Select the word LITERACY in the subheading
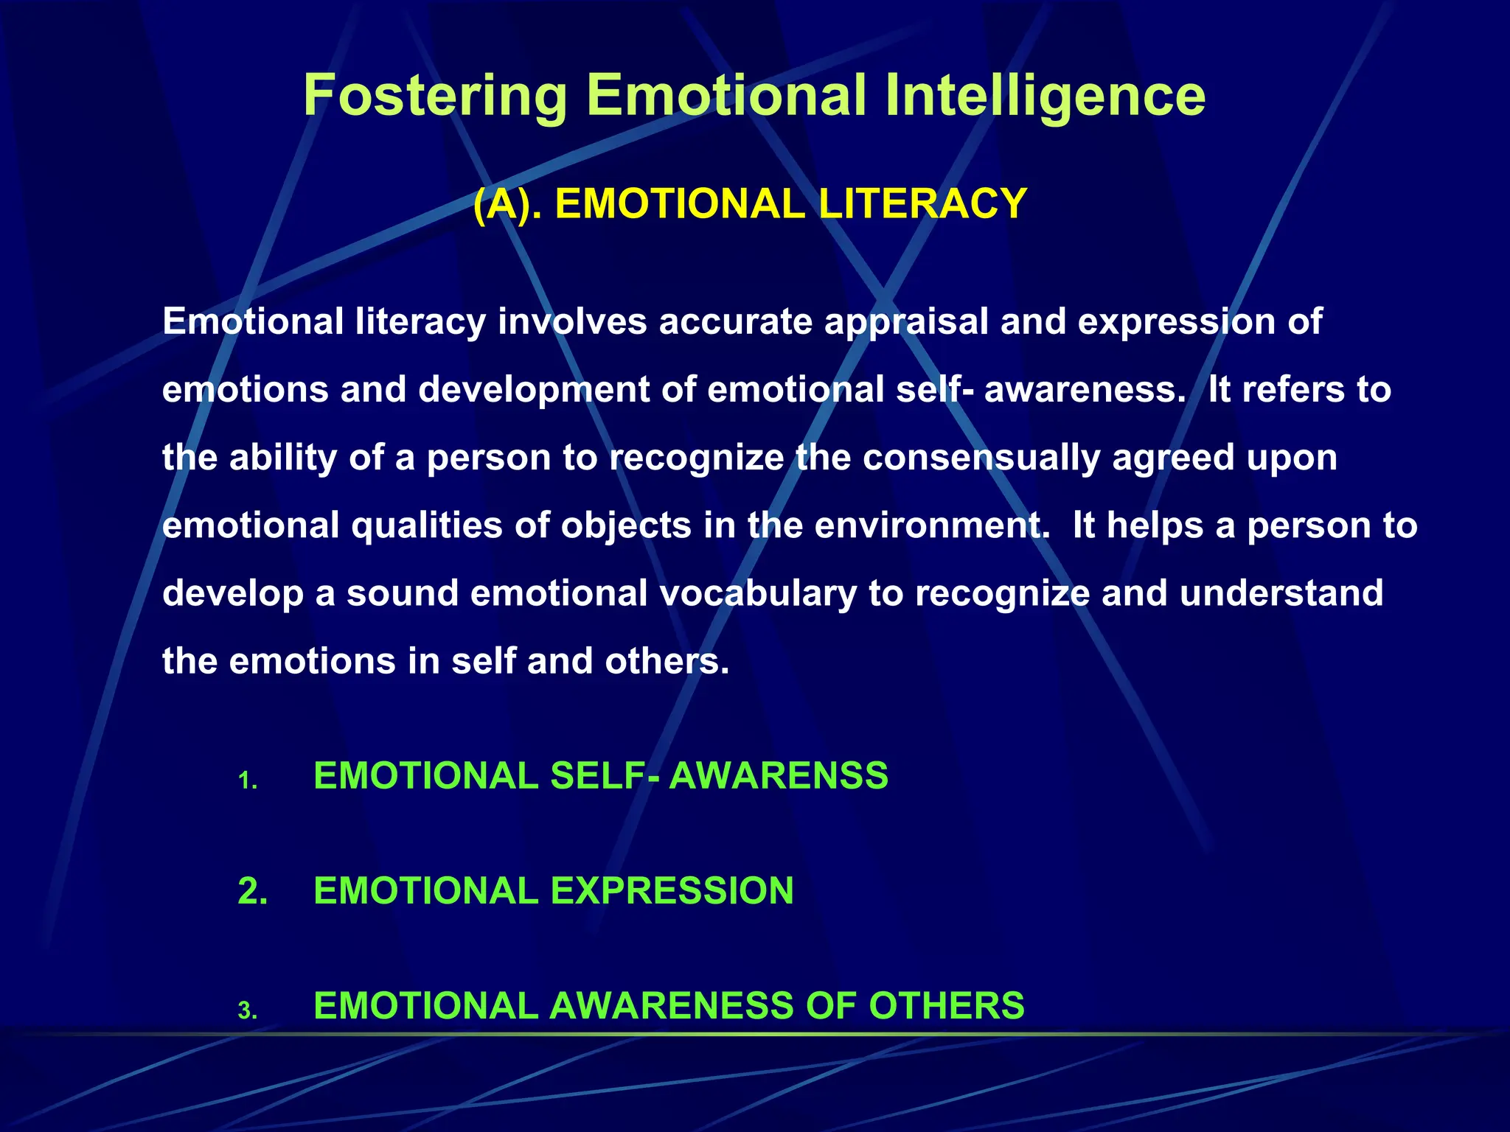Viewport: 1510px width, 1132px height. pos(922,204)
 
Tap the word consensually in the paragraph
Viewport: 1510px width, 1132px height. pos(981,458)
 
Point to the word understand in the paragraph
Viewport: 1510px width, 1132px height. pos(1281,593)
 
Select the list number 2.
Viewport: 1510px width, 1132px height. pos(252,891)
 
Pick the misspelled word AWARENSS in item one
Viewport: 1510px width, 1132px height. pos(778,776)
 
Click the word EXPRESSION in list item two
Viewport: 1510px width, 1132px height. pos(672,891)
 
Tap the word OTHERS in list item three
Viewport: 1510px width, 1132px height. pos(946,1006)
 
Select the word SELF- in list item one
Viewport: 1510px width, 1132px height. pos(605,776)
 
